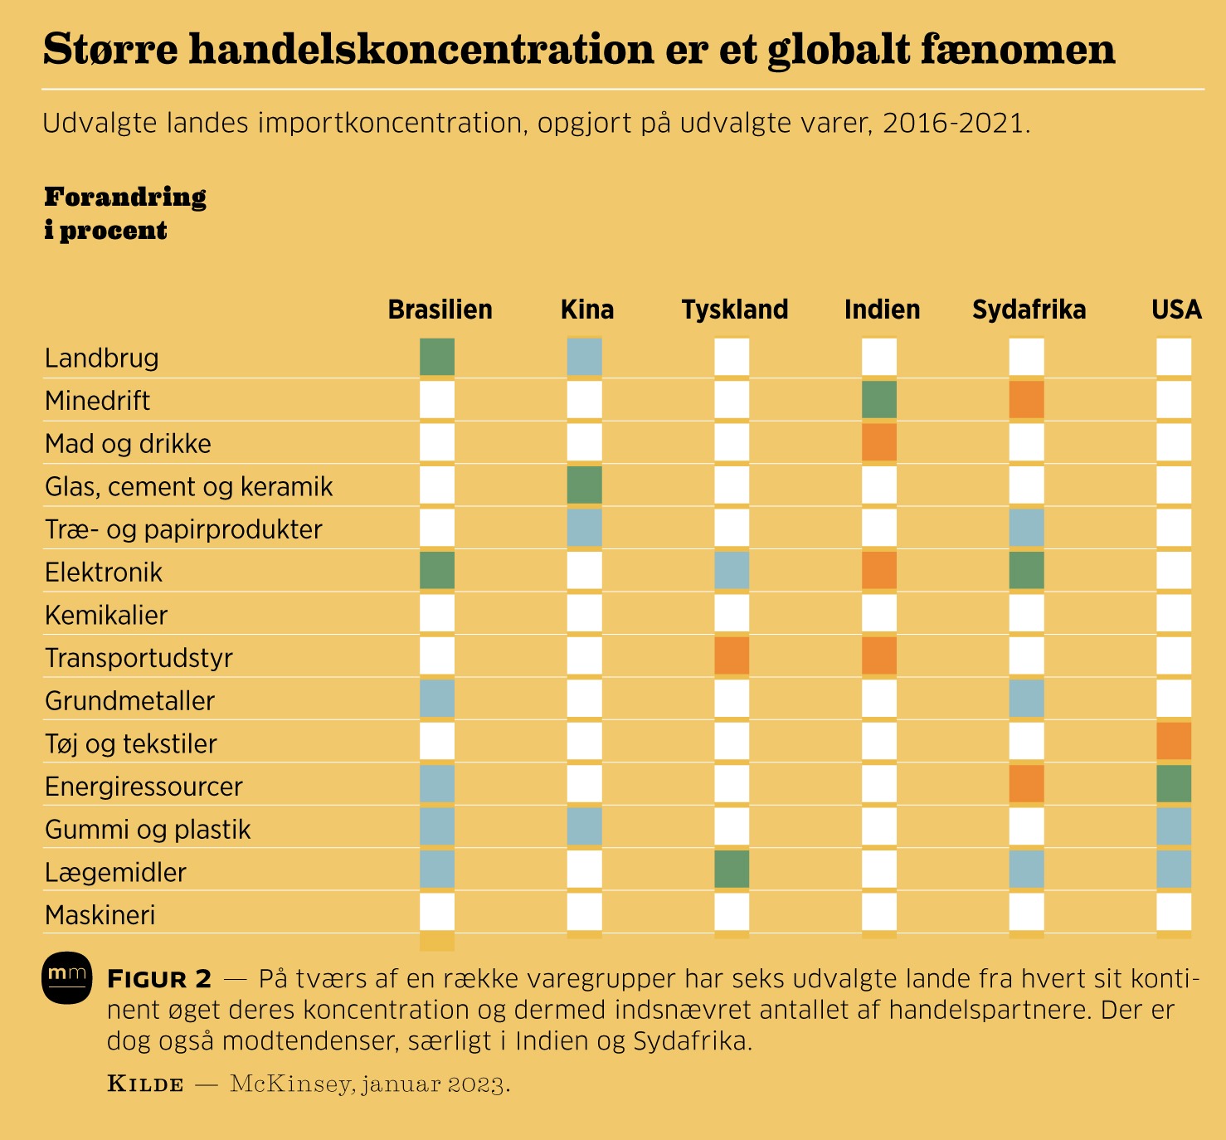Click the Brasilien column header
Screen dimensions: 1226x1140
[x=440, y=309]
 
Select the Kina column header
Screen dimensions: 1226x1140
[x=587, y=309]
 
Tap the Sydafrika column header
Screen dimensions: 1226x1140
[x=1029, y=309]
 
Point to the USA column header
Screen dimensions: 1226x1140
[x=1176, y=309]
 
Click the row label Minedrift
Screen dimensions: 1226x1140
[x=97, y=401]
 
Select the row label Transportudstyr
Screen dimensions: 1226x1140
[x=139, y=658]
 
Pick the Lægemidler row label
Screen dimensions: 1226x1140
[x=115, y=872]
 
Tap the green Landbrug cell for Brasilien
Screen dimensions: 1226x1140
[x=437, y=356]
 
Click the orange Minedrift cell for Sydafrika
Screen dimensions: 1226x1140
[x=1027, y=400]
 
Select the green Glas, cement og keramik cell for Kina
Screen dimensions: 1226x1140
[x=585, y=485]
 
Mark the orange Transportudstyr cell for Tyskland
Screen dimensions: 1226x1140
[x=732, y=655]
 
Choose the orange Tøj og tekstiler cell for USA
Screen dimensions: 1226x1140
[x=1174, y=741]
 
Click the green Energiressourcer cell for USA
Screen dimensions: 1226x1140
[x=1174, y=784]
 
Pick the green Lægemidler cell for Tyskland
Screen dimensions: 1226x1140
[x=732, y=869]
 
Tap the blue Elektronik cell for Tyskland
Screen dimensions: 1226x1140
[x=732, y=571]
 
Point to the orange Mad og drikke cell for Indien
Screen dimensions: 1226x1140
[x=879, y=442]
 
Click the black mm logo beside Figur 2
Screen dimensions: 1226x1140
[x=66, y=977]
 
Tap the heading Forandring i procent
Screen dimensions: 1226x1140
[x=125, y=213]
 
